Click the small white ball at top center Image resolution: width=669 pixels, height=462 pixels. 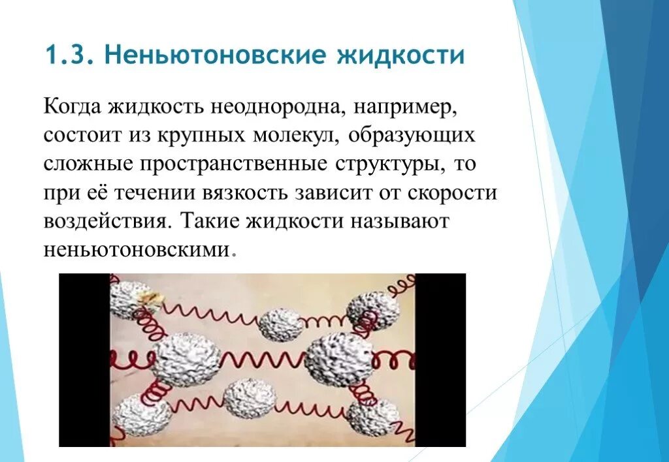tap(281, 324)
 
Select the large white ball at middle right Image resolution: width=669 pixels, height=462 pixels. tap(338, 359)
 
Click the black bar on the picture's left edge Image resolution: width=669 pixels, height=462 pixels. tap(84, 360)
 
